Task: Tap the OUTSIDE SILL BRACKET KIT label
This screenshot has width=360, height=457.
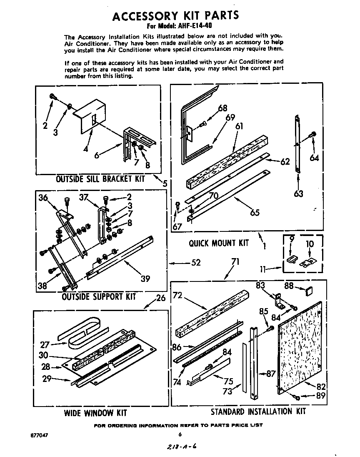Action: point(100,179)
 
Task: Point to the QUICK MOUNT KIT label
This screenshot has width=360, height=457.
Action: point(218,243)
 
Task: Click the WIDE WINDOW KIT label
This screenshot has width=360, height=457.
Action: point(95,413)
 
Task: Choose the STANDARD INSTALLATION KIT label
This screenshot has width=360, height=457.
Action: point(258,412)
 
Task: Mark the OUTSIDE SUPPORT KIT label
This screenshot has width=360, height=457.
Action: point(99,297)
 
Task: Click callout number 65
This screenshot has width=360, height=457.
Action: point(254,212)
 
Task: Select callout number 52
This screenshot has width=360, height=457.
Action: point(195,263)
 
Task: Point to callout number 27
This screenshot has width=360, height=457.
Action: point(45,345)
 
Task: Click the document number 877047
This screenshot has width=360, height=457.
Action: point(40,435)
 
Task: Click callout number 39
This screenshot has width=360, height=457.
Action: point(145,279)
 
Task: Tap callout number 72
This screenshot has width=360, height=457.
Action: point(177,295)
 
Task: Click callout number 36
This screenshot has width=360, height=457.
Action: point(43,198)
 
